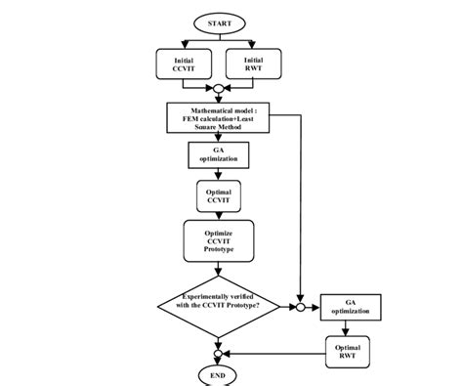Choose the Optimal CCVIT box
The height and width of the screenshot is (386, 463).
point(217,194)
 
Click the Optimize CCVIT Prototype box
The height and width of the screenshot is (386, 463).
point(217,239)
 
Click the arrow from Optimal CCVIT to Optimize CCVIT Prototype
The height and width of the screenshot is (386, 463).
point(217,213)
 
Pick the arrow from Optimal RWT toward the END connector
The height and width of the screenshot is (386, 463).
point(274,353)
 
